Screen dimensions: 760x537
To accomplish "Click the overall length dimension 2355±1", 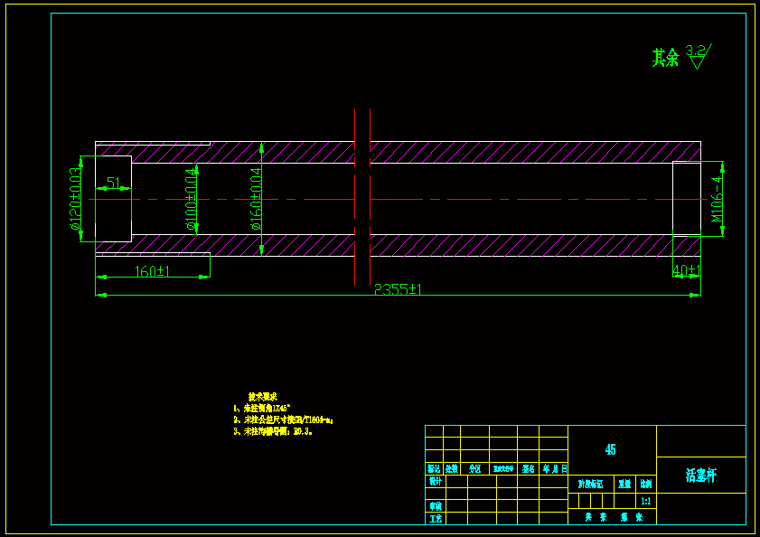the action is tap(399, 289).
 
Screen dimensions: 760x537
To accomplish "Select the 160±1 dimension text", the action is tap(153, 271).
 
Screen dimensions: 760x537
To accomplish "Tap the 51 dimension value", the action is tap(114, 184).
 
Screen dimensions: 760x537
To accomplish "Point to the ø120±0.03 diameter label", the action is tap(75, 199).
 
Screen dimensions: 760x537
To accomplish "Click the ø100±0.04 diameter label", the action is tap(192, 199).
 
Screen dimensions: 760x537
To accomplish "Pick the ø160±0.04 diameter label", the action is tap(256, 199).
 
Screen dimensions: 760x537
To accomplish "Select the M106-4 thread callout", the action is tap(718, 199).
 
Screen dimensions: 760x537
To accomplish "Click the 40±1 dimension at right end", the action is tap(687, 270).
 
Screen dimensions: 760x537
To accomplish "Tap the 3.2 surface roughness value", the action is tap(697, 50).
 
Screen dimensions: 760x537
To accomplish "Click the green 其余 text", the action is tap(665, 58).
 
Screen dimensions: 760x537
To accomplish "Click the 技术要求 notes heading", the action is tap(262, 397).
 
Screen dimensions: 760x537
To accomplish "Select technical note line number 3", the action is tap(273, 431).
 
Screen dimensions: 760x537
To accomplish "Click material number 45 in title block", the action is tap(611, 449).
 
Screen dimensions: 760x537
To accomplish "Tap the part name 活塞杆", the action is tap(700, 475).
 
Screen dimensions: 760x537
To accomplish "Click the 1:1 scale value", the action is tap(645, 501).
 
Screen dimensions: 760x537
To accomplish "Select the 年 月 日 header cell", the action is tap(554, 468).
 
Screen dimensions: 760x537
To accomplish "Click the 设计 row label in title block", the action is tap(435, 482).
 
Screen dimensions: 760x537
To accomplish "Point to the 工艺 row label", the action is tap(436, 519).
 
